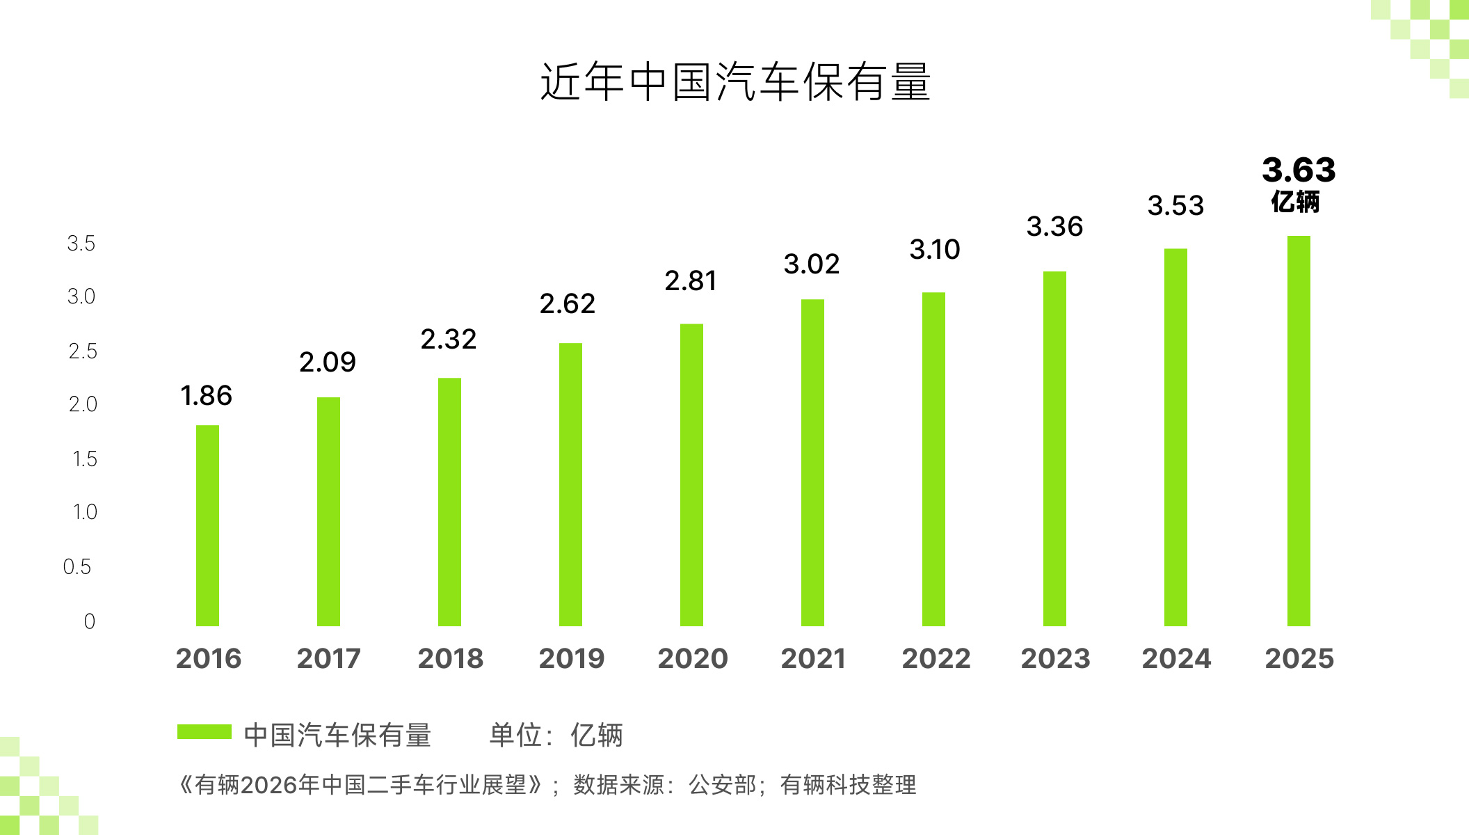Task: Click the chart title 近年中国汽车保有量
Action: [x=735, y=82]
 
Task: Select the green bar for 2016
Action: [x=207, y=525]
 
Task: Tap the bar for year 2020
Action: [x=691, y=475]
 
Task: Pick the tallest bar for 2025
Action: [x=1299, y=431]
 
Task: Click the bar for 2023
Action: [x=1054, y=449]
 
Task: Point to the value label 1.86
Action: [x=206, y=395]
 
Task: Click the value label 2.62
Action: [x=567, y=303]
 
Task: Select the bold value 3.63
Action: [x=1299, y=170]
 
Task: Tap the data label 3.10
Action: [x=934, y=249]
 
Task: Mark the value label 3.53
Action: [x=1175, y=205]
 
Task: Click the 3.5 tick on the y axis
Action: [x=81, y=244]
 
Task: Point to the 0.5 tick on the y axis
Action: [x=77, y=566]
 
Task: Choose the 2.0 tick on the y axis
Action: [x=83, y=404]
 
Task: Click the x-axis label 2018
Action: [x=450, y=658]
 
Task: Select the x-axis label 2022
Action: [x=936, y=658]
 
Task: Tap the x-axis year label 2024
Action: [x=1176, y=658]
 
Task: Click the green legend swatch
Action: [x=204, y=731]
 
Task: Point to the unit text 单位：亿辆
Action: [x=556, y=735]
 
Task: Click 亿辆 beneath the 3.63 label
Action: [x=1295, y=202]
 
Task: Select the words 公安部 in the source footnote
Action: [x=722, y=785]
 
